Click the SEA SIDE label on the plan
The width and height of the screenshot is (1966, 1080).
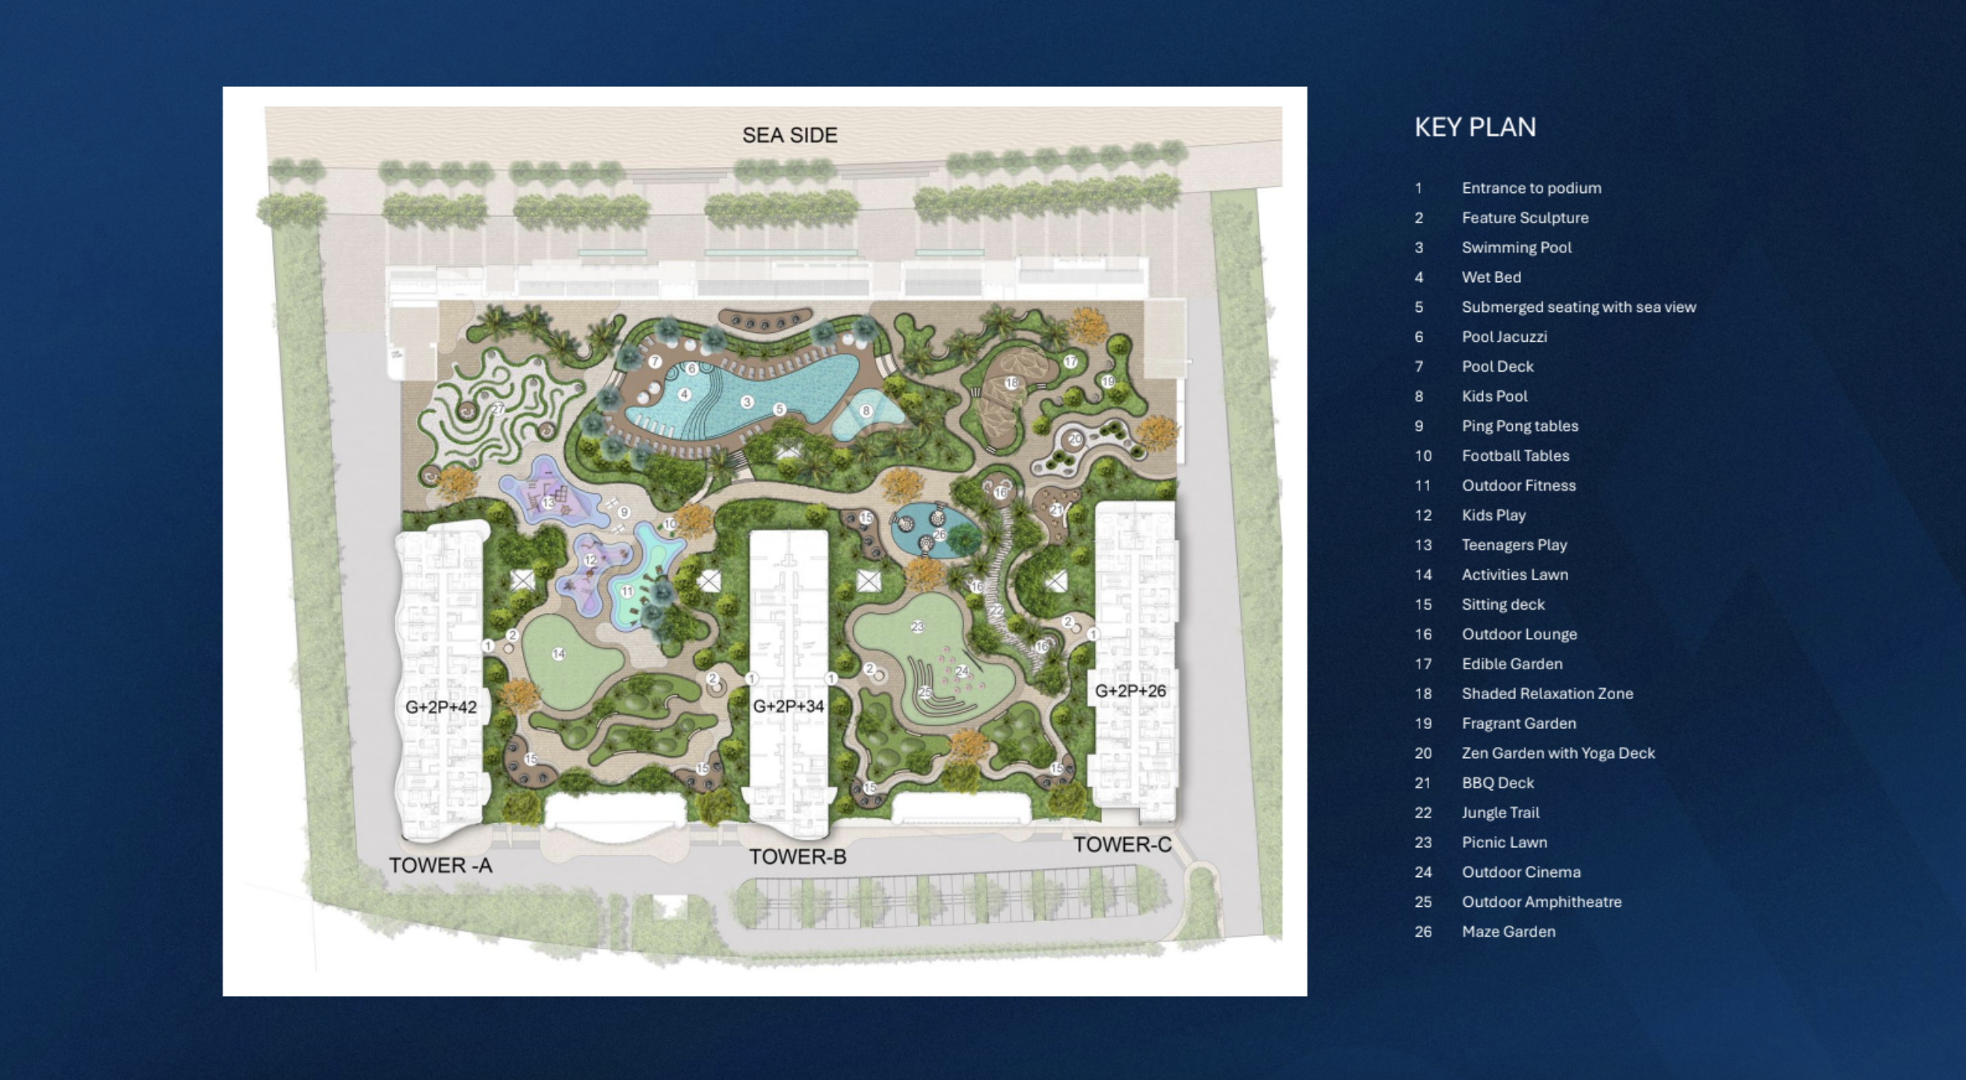[789, 136]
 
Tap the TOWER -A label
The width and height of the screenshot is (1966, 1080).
[441, 865]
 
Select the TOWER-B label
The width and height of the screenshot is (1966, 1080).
[797, 857]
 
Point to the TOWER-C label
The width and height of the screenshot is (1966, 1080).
[1122, 845]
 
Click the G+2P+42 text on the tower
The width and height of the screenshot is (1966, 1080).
[441, 707]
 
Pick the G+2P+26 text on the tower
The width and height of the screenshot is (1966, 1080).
[1130, 691]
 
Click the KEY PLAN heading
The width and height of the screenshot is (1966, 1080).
[1474, 127]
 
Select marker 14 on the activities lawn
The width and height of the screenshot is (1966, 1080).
[558, 654]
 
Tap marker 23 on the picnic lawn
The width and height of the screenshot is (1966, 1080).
[917, 626]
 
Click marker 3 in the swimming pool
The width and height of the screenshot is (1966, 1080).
[747, 401]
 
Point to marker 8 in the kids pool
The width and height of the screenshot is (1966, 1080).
[865, 411]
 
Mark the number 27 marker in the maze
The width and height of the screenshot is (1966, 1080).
[499, 409]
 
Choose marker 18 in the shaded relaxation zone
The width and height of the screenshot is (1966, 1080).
[1011, 383]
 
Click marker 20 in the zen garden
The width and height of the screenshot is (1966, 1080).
[1075, 440]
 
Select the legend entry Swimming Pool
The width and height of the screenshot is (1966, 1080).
[1516, 248]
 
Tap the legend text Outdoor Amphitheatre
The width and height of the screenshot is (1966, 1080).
[1541, 902]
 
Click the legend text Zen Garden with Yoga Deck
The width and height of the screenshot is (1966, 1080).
[1558, 753]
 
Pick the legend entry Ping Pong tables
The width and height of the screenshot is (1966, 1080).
[1519, 426]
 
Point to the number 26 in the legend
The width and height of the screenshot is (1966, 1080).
[1423, 932]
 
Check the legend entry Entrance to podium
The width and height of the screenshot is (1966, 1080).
[1531, 188]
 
